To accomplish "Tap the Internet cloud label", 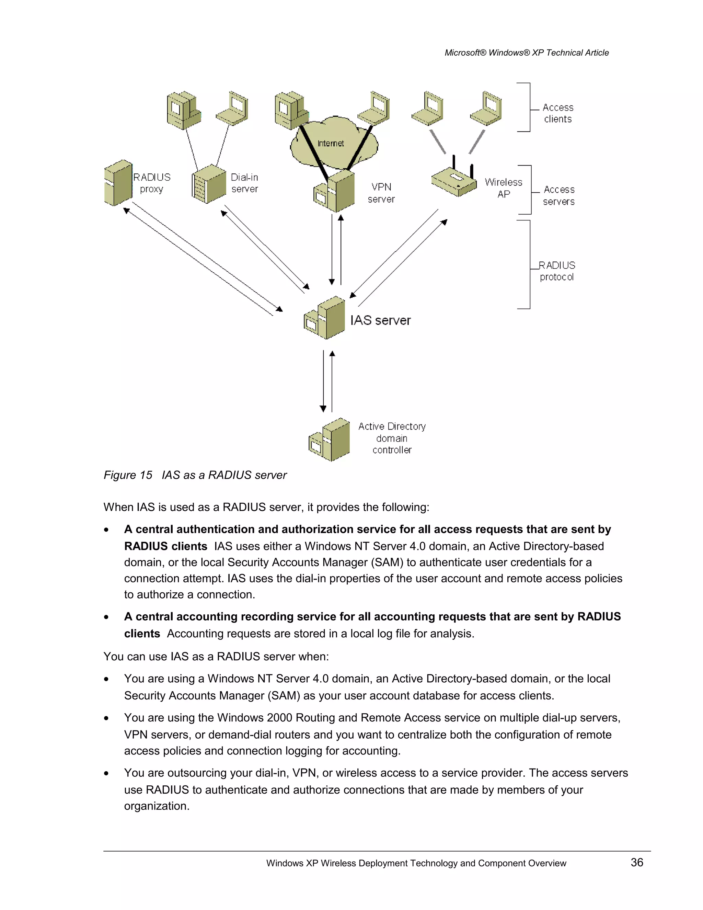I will tap(331, 143).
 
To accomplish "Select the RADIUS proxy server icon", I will tap(118, 183).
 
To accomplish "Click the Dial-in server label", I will tap(244, 183).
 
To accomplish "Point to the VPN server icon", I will tap(334, 192).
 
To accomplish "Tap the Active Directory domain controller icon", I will tap(330, 440).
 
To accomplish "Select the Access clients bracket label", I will tap(558, 113).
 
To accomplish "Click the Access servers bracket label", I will tap(559, 195).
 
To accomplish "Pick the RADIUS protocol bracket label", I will tap(557, 271).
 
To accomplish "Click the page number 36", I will tap(637, 862).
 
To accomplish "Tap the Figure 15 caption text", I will tap(195, 475).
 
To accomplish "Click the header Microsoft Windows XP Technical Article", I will tap(527, 53).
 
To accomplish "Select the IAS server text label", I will tap(380, 320).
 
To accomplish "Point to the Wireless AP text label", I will tap(503, 188).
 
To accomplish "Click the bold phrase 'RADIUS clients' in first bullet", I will tap(165, 546).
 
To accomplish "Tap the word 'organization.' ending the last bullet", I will tap(157, 806).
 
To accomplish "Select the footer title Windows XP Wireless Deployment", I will tap(416, 863).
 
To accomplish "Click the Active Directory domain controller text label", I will tap(392, 438).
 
